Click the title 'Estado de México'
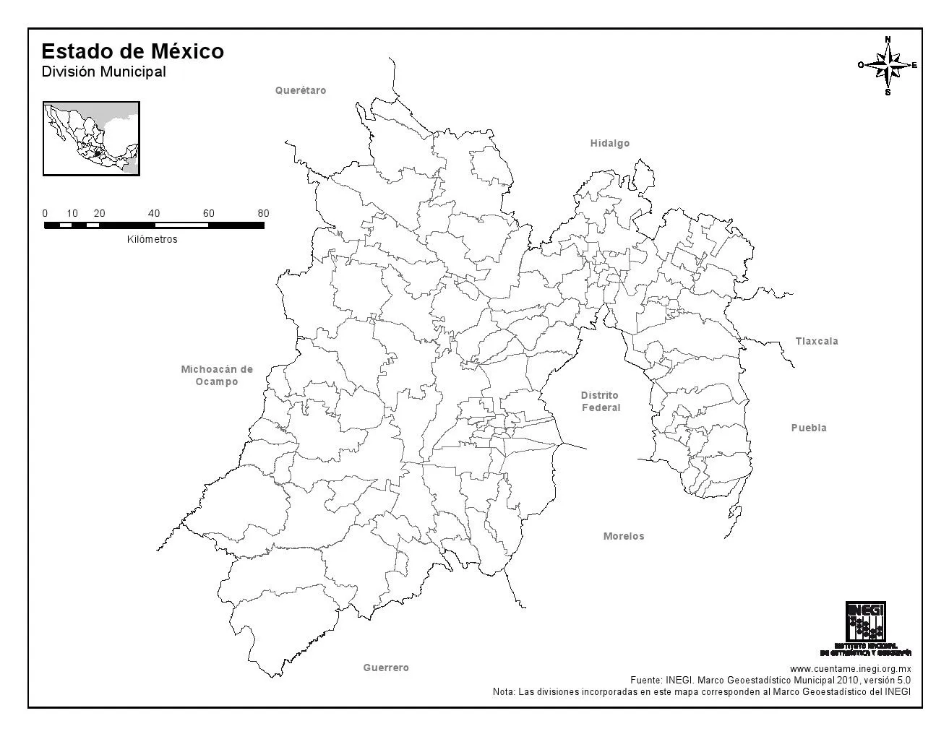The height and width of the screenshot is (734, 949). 132,51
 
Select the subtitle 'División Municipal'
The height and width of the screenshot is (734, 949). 103,72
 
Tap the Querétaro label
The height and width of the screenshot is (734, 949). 301,90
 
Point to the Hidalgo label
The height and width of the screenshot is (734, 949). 610,143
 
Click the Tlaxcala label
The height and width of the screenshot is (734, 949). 817,341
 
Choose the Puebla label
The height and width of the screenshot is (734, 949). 809,428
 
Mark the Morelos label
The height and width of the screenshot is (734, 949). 624,536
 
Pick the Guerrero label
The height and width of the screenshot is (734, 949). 386,668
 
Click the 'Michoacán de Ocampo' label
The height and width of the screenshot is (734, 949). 217,375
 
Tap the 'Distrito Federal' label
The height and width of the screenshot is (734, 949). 601,401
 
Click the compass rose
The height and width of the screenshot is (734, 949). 888,65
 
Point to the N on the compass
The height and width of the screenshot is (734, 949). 888,39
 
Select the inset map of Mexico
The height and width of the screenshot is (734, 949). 91,138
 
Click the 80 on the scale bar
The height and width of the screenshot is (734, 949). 263,213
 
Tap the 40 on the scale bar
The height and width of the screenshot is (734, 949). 154,213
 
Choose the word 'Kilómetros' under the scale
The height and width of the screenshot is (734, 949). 152,239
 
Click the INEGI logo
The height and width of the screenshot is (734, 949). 865,623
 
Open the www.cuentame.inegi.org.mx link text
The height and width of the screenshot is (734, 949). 850,669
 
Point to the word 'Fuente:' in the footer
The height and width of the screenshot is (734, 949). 645,680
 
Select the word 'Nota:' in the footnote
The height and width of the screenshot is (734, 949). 504,691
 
